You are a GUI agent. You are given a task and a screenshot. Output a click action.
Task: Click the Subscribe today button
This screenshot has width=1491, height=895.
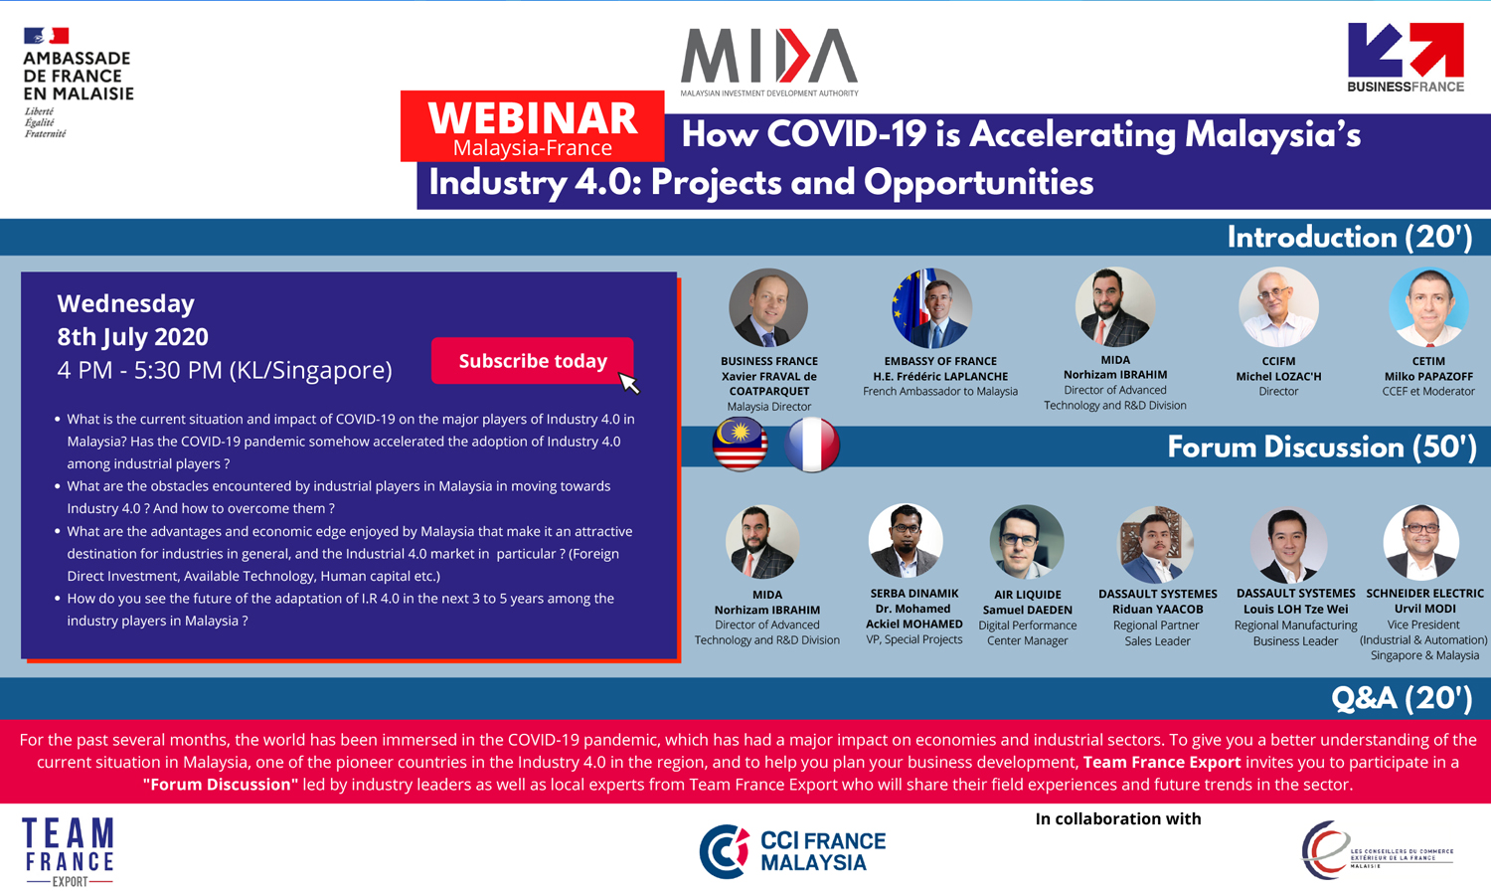(x=532, y=360)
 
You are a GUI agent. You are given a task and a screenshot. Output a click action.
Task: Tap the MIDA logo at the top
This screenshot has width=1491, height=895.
(x=768, y=63)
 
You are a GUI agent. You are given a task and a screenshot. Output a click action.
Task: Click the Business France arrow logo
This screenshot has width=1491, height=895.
(x=1406, y=58)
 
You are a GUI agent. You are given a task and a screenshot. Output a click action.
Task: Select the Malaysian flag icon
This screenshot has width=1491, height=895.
(x=740, y=445)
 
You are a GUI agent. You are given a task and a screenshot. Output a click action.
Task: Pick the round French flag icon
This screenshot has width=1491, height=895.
(x=811, y=445)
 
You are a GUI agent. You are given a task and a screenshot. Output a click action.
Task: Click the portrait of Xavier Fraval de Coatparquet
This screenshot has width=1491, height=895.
(x=768, y=307)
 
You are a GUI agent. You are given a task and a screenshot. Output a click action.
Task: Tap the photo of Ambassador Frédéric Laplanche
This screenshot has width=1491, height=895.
(x=932, y=307)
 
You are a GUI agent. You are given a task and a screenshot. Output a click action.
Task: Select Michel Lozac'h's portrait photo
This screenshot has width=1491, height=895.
(x=1278, y=307)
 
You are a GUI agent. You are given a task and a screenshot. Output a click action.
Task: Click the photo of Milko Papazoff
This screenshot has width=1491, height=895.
(x=1428, y=307)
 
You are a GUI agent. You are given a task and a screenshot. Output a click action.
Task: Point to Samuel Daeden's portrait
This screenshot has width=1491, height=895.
(x=1027, y=541)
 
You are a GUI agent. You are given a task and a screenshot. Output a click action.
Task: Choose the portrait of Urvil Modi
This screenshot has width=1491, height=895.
(x=1421, y=541)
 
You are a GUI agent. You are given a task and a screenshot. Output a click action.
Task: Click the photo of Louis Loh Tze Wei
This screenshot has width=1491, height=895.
(x=1288, y=544)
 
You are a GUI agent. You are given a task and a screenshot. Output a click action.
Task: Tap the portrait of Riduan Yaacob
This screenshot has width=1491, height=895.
(x=1155, y=544)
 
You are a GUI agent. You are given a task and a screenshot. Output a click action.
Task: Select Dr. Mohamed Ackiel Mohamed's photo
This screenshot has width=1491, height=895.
(x=906, y=540)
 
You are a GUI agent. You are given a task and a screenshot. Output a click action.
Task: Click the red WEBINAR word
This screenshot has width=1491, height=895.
(x=533, y=118)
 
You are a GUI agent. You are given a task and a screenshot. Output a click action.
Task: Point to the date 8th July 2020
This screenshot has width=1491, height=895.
(x=132, y=337)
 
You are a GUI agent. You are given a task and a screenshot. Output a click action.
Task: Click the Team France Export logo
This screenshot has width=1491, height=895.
(x=69, y=851)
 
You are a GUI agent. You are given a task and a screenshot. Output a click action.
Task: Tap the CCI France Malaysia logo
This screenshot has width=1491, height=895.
(x=792, y=851)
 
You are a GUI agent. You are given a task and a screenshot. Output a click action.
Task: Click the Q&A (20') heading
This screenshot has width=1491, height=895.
(x=1402, y=698)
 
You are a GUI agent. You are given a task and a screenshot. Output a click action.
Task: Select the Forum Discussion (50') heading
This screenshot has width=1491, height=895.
(x=1321, y=447)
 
